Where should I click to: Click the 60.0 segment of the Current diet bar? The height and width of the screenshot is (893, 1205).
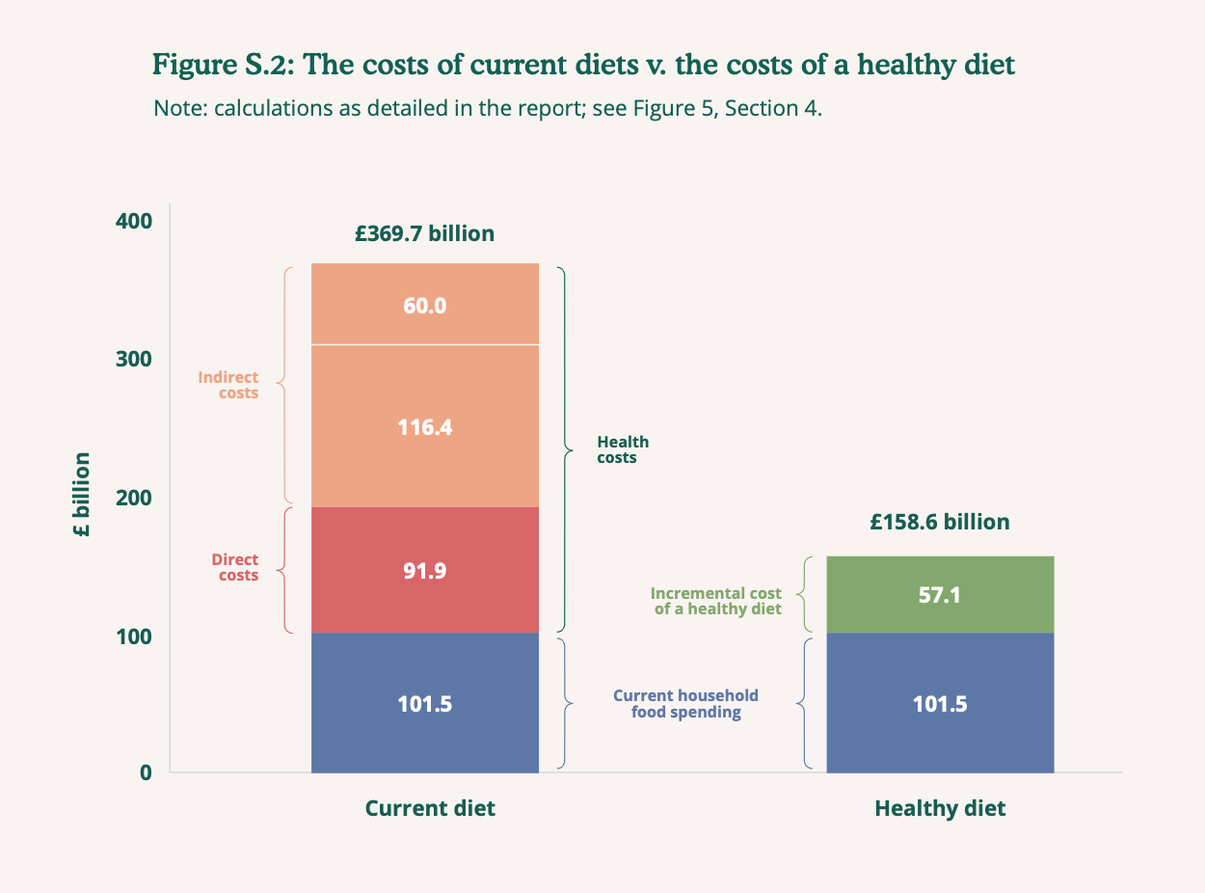424,305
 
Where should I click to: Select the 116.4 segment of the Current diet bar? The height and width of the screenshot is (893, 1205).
424,426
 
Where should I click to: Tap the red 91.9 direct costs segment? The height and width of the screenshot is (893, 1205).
424,570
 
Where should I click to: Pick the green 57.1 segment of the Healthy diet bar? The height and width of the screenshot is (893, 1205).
940,595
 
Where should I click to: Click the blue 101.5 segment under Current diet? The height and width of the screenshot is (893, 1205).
424,703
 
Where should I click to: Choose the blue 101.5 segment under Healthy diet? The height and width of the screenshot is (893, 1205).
940,703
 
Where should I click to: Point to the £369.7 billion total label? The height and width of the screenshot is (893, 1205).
424,233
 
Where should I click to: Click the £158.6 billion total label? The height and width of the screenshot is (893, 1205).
940,523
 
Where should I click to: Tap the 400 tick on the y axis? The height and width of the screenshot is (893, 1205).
134,221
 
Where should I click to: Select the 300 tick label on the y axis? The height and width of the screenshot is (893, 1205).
134,359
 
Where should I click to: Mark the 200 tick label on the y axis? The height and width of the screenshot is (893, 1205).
134,498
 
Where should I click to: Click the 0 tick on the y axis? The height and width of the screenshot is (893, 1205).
146,772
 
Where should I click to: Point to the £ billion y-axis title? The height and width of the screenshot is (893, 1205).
82,495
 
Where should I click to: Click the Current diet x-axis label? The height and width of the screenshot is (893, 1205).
430,808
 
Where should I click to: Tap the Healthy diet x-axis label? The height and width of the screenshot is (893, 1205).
940,808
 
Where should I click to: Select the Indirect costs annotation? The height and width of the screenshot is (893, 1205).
228,385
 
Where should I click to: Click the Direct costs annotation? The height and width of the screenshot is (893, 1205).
235,567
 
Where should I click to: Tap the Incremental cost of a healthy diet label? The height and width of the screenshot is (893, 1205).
716,601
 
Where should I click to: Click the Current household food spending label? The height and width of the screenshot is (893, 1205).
685,704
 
